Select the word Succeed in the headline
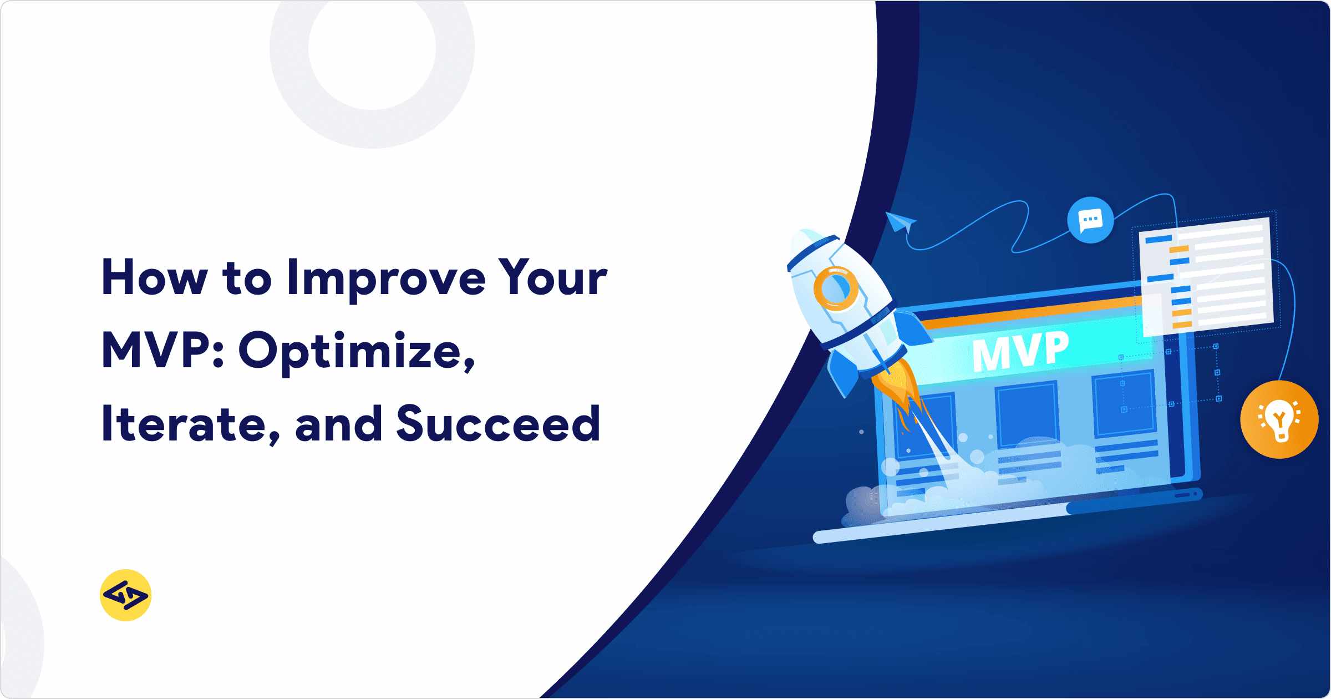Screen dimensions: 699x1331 pyautogui.click(x=498, y=424)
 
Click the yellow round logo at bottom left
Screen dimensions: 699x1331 pyautogui.click(x=126, y=595)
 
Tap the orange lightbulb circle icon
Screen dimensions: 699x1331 pyautogui.click(x=1279, y=419)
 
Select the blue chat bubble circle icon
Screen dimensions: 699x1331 pyautogui.click(x=1090, y=220)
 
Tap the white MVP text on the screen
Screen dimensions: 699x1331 pyautogui.click(x=1020, y=351)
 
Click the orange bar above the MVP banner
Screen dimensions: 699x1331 pyautogui.click(x=1026, y=314)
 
